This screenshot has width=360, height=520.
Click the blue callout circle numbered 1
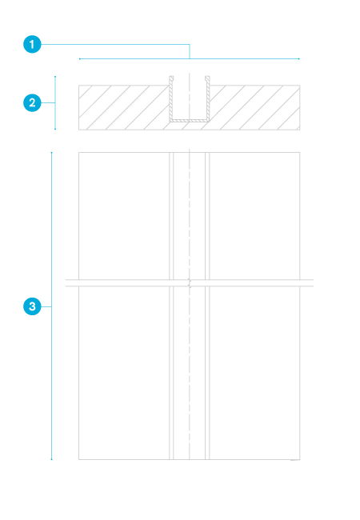coord(32,44)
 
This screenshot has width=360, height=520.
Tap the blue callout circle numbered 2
coord(32,102)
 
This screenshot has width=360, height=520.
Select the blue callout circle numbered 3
coord(32,306)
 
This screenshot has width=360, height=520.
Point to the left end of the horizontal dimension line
coord(79,58)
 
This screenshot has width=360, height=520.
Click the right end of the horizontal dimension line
coord(299,58)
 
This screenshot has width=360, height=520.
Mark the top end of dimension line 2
coord(55,77)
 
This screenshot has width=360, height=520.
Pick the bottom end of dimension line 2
coord(55,129)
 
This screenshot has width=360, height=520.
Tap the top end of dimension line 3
coord(51,153)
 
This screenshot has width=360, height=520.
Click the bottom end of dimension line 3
coord(51,459)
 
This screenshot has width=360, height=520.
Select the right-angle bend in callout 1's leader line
coord(190,44)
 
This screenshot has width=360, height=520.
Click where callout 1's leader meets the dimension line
coord(190,58)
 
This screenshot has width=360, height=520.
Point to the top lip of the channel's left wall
coord(171,78)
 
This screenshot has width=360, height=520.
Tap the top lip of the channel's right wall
coord(207,78)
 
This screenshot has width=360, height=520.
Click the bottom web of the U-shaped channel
coord(190,120)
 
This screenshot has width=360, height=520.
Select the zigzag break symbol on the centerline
coord(190,283)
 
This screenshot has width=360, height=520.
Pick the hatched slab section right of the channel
coord(254,107)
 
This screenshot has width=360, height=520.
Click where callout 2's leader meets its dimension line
coord(55,102)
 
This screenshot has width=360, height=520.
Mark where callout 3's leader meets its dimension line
coord(51,306)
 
